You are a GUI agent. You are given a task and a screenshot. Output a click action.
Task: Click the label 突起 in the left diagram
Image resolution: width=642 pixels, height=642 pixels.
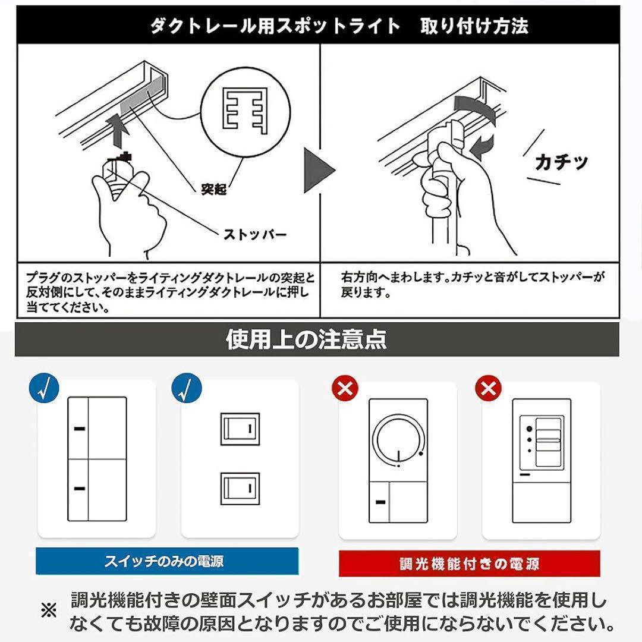tap(213, 190)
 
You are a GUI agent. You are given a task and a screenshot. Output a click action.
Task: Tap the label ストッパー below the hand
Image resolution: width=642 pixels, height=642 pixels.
tap(254, 234)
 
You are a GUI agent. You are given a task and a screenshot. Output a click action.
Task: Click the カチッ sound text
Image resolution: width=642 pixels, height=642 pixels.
tap(561, 162)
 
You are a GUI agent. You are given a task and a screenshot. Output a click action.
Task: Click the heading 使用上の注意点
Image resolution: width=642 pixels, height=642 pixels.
tap(306, 339)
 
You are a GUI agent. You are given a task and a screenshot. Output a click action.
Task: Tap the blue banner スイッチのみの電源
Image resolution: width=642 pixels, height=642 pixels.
tap(167, 561)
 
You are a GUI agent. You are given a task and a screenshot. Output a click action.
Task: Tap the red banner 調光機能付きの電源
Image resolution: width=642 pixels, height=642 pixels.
tap(469, 563)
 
